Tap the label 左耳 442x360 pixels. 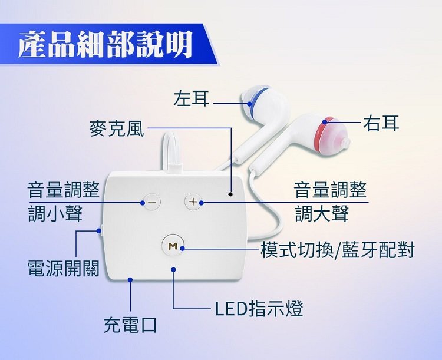(192, 98)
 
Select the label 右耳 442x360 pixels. (381, 123)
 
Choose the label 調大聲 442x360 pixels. (322, 213)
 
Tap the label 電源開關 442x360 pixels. (63, 268)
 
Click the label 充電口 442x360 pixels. (130, 324)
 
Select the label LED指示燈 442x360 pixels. (259, 308)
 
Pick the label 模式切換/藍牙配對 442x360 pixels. (337, 249)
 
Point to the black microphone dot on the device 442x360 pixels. (230, 193)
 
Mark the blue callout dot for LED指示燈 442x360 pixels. (174, 269)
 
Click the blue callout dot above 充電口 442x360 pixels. (130, 279)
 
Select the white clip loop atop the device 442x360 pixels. (171, 150)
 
